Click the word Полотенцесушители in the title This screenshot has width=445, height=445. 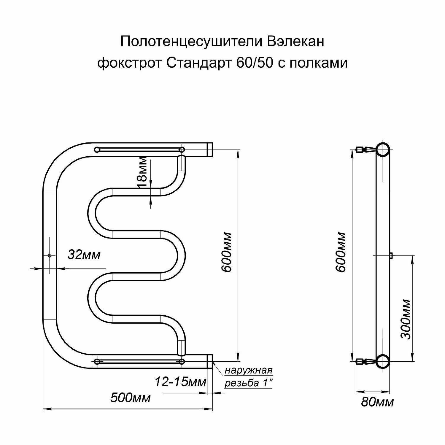coord(191,42)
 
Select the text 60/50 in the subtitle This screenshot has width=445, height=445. coord(255,63)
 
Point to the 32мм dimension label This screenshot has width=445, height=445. coord(84,255)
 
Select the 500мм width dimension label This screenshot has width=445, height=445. coord(130,398)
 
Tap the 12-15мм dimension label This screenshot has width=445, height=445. coord(180,382)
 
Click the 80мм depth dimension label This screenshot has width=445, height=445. coord(377,402)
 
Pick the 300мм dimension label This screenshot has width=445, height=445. coord(406,319)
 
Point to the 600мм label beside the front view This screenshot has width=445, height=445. coord(227,252)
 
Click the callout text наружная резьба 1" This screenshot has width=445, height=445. coord(248,377)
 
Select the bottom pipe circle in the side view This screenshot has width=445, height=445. coord(383,361)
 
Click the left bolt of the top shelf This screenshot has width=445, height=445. coord(97,150)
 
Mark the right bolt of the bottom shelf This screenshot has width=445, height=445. coord(182,361)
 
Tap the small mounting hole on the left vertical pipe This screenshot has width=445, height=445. coord(50,255)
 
